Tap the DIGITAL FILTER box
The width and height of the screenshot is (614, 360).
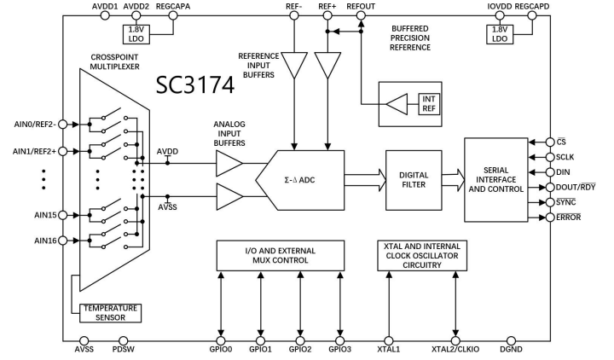(x=413, y=180)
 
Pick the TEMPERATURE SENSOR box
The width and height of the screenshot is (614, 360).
(x=110, y=312)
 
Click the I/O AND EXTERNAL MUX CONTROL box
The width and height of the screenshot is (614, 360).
(x=281, y=254)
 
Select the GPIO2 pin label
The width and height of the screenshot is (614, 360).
(x=301, y=349)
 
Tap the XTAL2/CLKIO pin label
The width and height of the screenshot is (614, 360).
(x=456, y=349)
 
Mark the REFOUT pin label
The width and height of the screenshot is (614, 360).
(x=362, y=7)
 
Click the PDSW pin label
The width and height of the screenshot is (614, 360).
(x=124, y=349)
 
